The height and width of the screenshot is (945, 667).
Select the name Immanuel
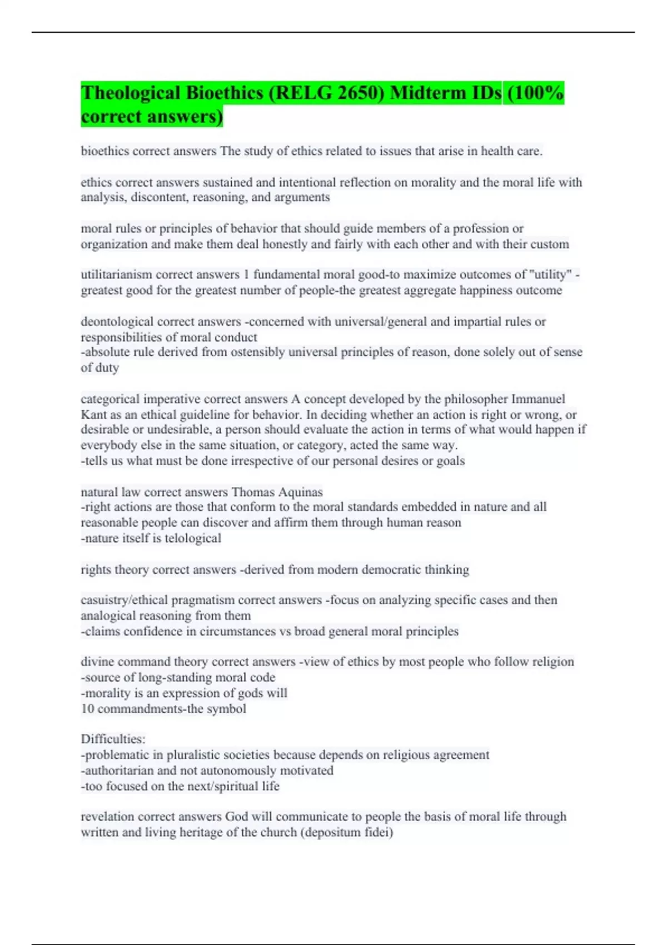(x=537, y=399)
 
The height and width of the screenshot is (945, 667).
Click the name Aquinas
(x=300, y=492)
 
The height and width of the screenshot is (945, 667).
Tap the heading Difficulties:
(x=113, y=739)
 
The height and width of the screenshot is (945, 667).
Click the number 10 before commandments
(x=87, y=709)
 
